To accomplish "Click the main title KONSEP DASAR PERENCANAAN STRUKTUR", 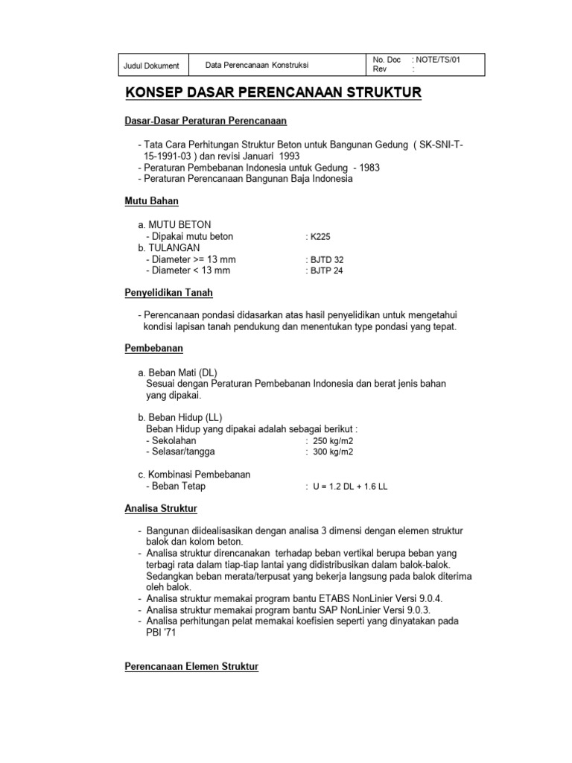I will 273,92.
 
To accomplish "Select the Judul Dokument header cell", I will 151,66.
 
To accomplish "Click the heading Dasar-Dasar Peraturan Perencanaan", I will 205,121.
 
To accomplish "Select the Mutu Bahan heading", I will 151,201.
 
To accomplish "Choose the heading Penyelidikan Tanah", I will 168,293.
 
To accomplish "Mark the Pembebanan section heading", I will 153,349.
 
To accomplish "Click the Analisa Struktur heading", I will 160,509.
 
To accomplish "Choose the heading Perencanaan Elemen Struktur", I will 191,667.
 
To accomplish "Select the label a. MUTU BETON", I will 174,224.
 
